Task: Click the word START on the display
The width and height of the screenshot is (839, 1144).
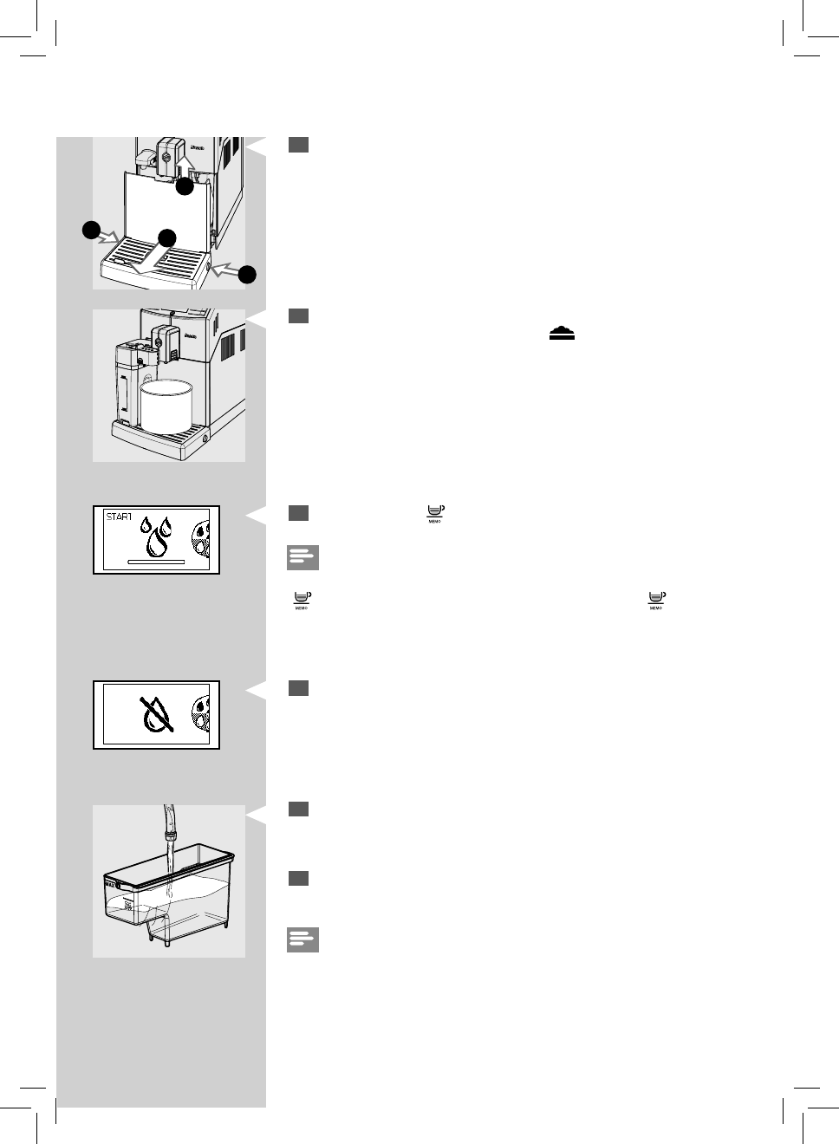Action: pyautogui.click(x=119, y=517)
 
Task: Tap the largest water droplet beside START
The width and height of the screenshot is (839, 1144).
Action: pyautogui.click(x=157, y=543)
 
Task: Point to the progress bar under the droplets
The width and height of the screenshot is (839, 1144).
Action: pyautogui.click(x=156, y=562)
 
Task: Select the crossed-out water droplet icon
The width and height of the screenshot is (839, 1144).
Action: pyautogui.click(x=156, y=715)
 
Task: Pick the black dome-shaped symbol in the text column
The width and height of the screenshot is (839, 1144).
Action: pyautogui.click(x=562, y=335)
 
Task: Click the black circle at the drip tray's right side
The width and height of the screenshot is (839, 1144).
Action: pyautogui.click(x=247, y=275)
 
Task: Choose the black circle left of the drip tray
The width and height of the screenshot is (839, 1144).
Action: pyautogui.click(x=91, y=230)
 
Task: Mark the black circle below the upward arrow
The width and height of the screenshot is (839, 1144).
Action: pyautogui.click(x=185, y=186)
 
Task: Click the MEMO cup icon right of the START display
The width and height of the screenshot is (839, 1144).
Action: pyautogui.click(x=435, y=513)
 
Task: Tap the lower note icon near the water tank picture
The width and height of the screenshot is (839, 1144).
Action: pyautogui.click(x=302, y=939)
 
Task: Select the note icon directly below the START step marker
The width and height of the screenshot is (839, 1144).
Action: pyautogui.click(x=302, y=557)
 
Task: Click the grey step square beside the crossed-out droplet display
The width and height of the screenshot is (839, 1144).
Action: pyautogui.click(x=298, y=688)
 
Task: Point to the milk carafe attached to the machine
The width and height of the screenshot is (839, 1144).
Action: pyautogui.click(x=127, y=381)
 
